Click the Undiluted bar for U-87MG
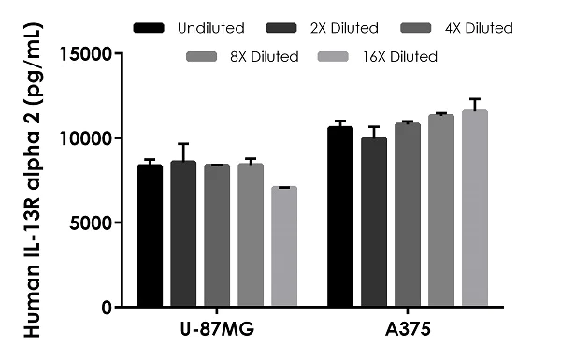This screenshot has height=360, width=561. point(150,236)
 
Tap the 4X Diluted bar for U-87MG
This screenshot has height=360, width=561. point(217,236)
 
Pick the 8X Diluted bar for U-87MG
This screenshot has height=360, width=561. point(251,236)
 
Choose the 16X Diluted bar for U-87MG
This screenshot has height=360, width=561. point(284,247)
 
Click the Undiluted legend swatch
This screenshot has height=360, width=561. point(148,28)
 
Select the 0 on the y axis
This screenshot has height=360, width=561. point(109,308)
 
